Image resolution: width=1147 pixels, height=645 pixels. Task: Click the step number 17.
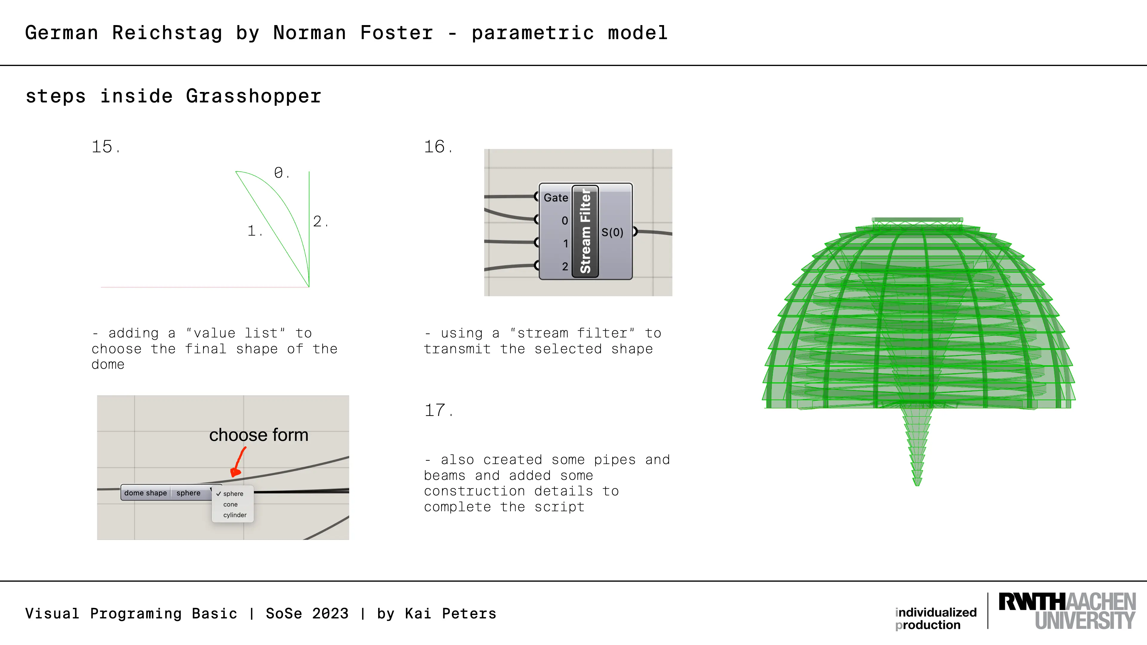coord(438,410)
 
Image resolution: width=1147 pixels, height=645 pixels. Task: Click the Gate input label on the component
coord(556,198)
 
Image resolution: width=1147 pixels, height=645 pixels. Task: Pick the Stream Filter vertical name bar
coord(585,231)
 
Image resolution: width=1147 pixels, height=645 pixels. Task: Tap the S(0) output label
coord(612,232)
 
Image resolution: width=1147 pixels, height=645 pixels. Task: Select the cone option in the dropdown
coord(230,504)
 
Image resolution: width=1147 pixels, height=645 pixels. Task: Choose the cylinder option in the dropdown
coord(235,515)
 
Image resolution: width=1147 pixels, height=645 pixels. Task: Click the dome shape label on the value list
coord(145,493)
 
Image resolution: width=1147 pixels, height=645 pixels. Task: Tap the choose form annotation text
coord(259,435)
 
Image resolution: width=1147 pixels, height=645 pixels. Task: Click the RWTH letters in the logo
coord(1032,601)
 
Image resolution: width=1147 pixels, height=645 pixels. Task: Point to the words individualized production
coord(936,618)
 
